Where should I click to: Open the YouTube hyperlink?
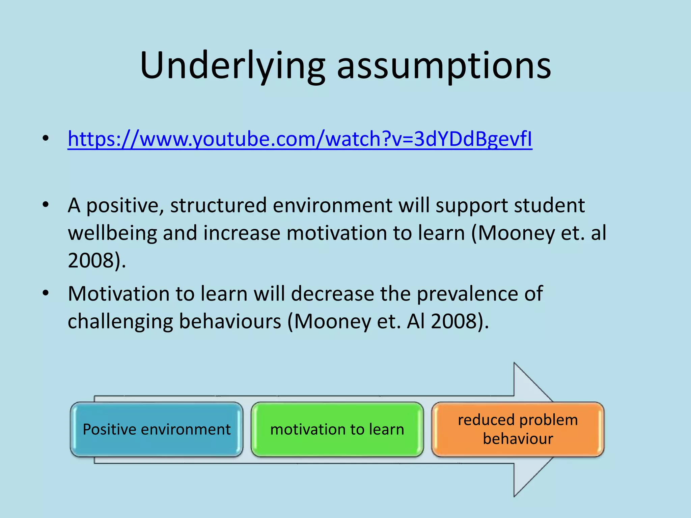300,139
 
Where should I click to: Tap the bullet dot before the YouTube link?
46,139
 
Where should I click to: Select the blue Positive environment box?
157,429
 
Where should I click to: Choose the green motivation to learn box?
337,429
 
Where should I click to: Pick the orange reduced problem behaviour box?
518,429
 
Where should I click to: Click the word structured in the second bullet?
218,205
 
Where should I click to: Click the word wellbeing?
112,233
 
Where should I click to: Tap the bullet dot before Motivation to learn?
46,293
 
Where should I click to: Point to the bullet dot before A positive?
46,205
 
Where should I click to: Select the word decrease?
332,294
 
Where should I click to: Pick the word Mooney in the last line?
332,321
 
